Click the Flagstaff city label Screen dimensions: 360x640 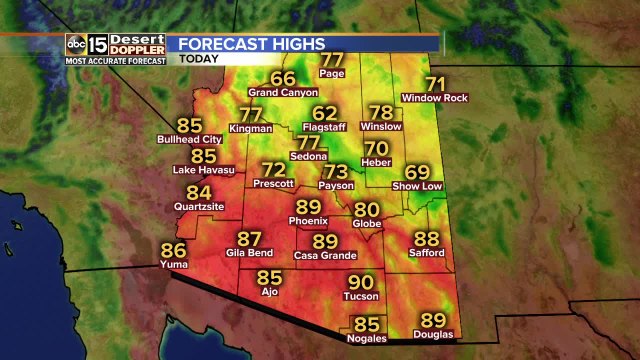(325, 129)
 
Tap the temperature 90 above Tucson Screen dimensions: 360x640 (360, 283)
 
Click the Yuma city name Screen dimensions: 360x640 (174, 265)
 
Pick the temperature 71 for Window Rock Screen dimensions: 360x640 (435, 84)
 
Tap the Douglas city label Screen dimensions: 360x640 (432, 334)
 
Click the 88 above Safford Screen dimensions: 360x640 (427, 239)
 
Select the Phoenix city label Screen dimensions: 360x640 (308, 220)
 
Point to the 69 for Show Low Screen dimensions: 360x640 (417, 172)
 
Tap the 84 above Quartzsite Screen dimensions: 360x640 (199, 193)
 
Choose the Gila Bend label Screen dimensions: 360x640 (249, 255)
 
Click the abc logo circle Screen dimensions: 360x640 (75, 44)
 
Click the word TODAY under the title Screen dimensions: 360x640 (200, 58)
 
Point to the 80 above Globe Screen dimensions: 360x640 (367, 209)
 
